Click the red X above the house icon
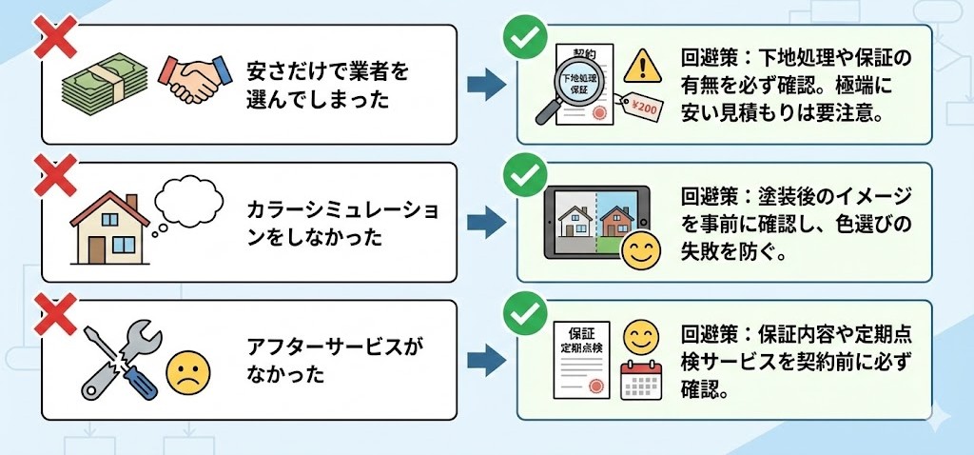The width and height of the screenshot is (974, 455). (x=53, y=174)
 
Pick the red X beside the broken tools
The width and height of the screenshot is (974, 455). (x=53, y=311)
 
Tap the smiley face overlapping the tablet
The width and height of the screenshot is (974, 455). (x=639, y=251)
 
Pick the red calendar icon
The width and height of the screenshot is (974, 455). (x=639, y=381)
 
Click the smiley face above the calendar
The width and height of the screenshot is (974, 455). (x=639, y=336)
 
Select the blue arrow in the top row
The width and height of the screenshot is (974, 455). (x=485, y=84)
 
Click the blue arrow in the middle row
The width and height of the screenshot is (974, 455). (x=485, y=222)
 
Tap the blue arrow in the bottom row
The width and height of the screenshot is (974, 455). (x=485, y=360)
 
